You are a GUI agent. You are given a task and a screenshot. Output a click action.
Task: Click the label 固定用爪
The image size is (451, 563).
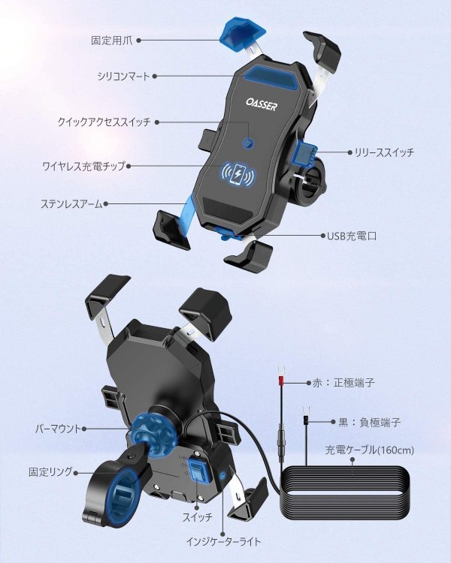[111, 41]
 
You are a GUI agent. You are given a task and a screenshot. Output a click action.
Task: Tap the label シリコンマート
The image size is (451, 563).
[123, 76]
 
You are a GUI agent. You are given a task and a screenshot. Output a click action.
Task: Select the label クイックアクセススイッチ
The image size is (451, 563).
[104, 122]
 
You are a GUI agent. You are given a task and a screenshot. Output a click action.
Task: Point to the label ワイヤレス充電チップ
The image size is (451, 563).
[83, 166]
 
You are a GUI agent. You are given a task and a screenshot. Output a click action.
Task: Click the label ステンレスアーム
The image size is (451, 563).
[71, 204]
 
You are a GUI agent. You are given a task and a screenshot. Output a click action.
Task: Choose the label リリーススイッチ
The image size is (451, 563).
[384, 152]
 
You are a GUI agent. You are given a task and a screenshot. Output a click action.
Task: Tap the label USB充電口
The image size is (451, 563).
[352, 236]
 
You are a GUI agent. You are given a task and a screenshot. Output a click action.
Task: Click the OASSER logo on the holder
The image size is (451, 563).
[262, 104]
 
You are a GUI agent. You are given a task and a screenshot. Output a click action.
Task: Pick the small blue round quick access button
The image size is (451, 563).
[248, 143]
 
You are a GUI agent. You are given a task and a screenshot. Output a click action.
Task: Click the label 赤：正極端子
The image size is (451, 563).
[344, 383]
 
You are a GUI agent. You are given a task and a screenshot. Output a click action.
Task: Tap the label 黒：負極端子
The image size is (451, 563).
[369, 422]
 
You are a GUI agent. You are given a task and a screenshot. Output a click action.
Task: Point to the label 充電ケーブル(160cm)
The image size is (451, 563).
[370, 450]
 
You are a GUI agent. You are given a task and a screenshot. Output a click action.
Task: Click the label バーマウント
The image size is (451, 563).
[59, 429]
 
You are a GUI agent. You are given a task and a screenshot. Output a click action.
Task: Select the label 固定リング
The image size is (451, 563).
[50, 472]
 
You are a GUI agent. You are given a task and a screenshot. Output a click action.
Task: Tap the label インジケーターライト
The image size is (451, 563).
[223, 541]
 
